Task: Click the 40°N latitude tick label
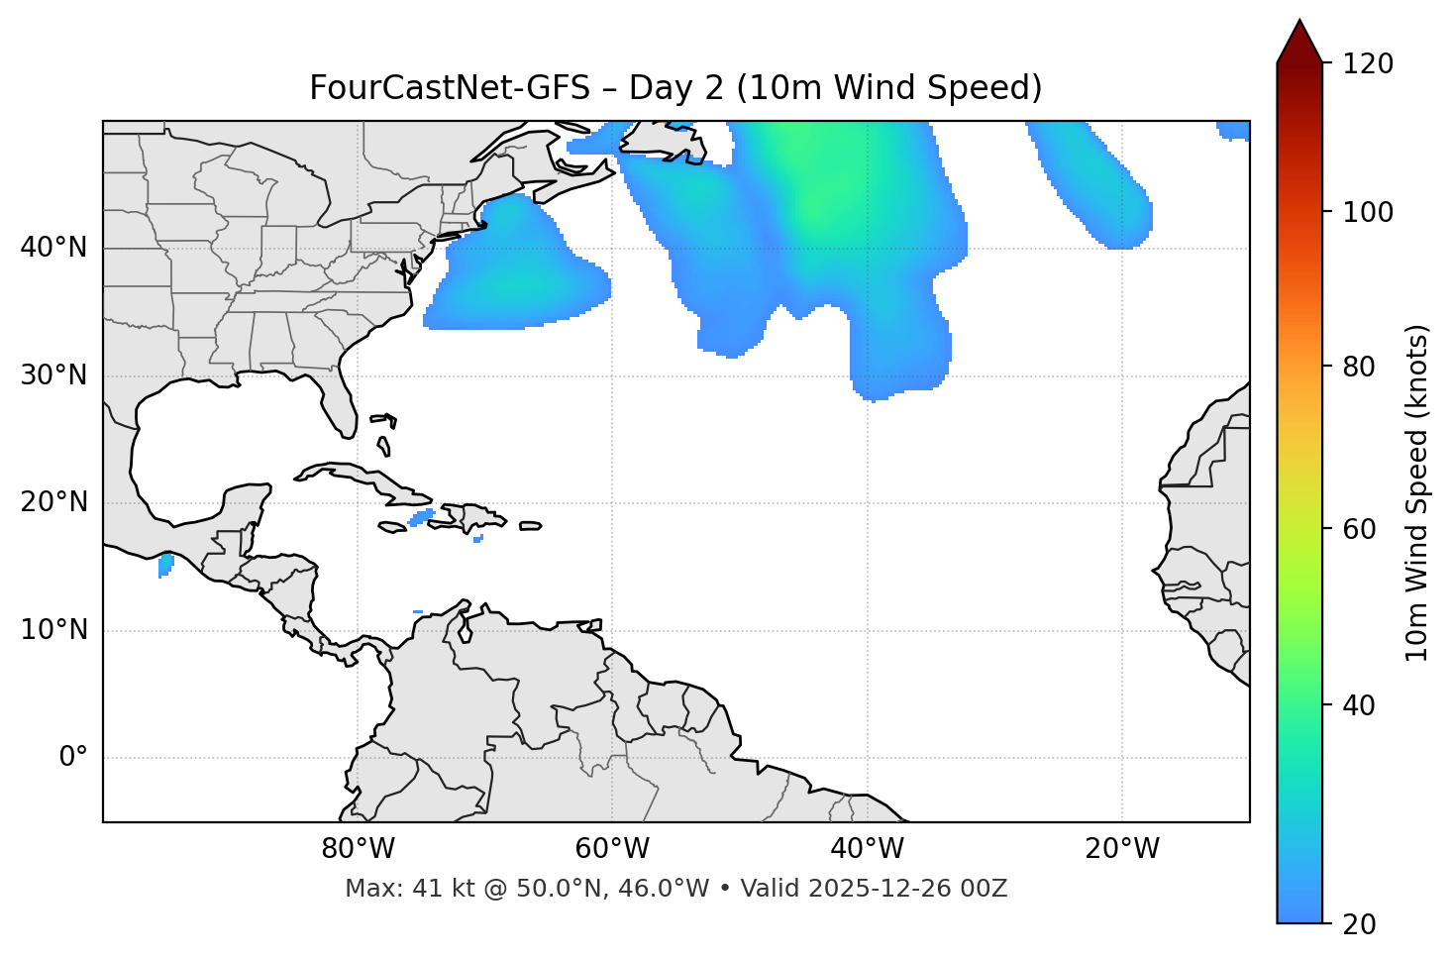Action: click(53, 248)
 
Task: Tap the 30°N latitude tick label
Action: click(53, 375)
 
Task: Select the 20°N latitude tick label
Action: click(53, 502)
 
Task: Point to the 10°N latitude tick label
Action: click(53, 630)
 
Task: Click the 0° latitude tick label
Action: click(73, 758)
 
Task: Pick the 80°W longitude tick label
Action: click(358, 849)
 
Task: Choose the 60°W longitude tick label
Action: click(612, 849)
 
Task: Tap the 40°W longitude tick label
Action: click(867, 849)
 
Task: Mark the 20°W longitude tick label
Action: click(1122, 849)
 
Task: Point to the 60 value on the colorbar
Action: click(1358, 529)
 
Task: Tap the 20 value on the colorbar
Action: click(1358, 924)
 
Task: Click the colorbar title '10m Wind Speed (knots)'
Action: click(1417, 493)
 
